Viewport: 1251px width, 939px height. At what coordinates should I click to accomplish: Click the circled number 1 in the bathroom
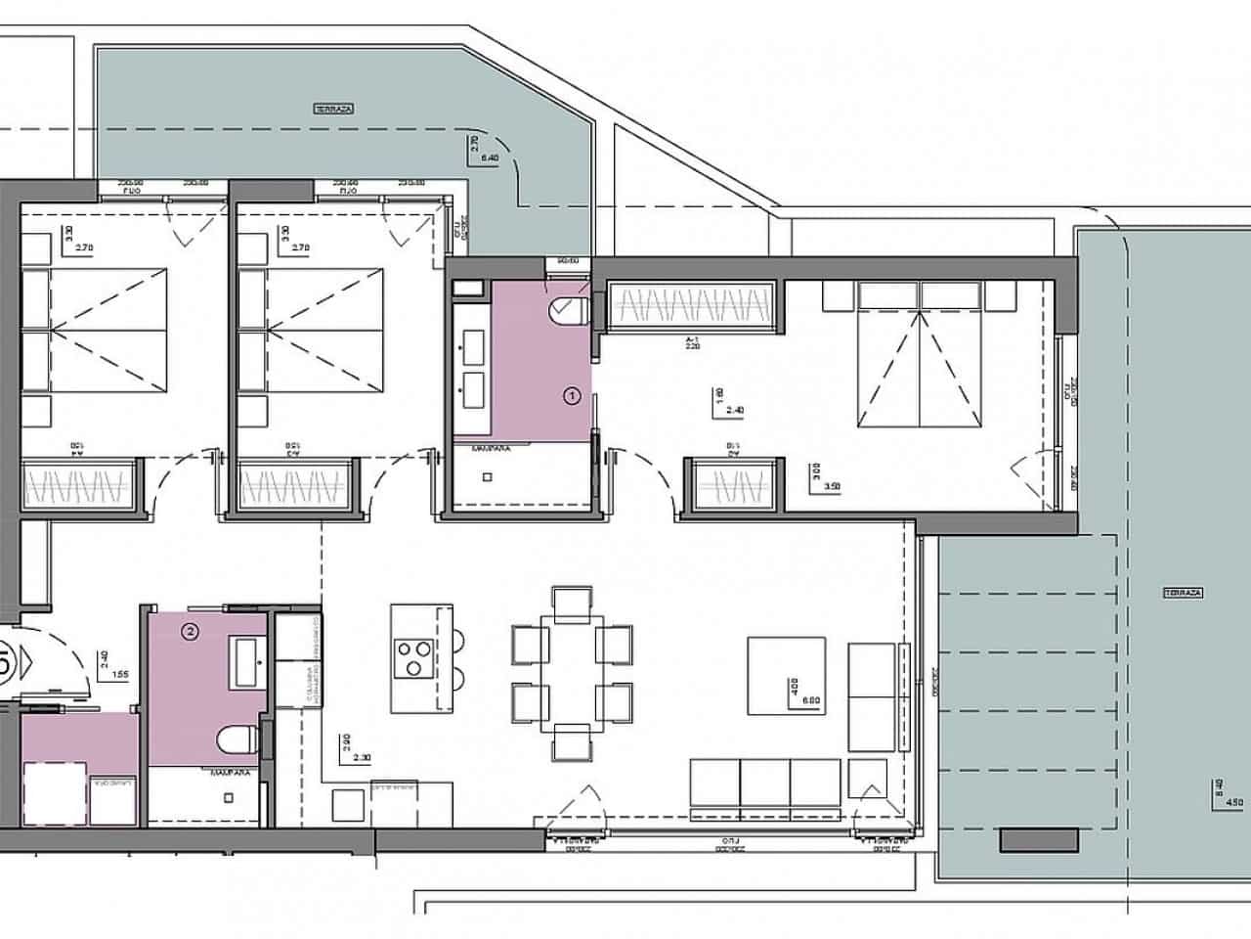coord(573,396)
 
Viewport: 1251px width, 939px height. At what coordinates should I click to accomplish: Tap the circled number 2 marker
coord(191,632)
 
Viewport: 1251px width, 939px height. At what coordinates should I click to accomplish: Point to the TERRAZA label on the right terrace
coord(1183,593)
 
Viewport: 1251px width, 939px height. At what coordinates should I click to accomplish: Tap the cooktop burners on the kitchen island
coord(414,656)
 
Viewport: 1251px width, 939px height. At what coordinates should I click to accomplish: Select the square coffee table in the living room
coord(787,675)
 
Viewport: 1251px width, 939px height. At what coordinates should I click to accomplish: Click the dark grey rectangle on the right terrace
coord(1039,839)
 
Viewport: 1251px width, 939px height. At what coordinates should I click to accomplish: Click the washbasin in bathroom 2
coord(248,661)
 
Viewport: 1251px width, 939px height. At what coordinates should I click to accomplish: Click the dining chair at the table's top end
coord(572,601)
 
